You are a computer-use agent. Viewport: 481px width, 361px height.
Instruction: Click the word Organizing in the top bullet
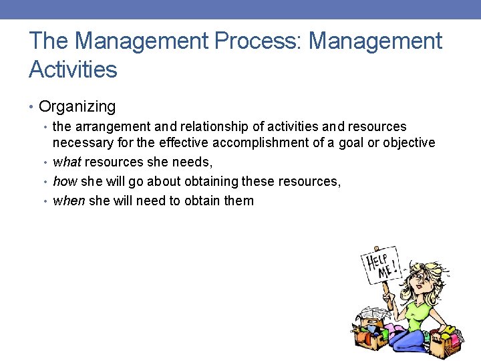[77, 106]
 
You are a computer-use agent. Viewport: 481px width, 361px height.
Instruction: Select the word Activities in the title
[73, 69]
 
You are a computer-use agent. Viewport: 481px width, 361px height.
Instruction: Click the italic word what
[67, 162]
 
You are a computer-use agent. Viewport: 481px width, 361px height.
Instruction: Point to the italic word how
[65, 181]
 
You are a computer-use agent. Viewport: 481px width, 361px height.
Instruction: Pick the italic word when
[69, 201]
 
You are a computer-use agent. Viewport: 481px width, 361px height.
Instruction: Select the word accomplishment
[283, 142]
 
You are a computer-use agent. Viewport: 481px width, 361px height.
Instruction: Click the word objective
[409, 142]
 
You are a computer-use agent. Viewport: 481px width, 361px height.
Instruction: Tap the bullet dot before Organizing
[33, 107]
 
